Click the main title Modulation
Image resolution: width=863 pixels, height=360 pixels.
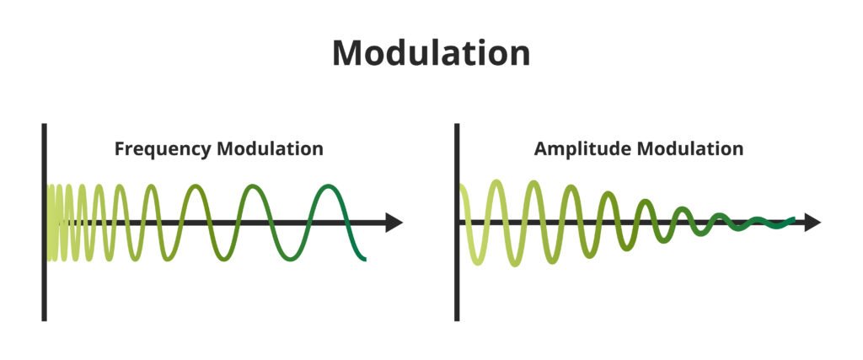point(431,53)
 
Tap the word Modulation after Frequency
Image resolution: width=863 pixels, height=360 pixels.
point(270,149)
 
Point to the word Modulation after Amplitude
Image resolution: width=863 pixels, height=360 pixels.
point(690,149)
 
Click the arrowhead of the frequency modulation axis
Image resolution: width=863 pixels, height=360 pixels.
point(394,223)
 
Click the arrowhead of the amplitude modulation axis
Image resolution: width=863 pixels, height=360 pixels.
point(812,223)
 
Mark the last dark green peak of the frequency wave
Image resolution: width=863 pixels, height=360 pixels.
point(326,185)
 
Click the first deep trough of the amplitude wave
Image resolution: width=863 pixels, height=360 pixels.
point(477,262)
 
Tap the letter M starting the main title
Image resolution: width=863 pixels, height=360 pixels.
point(348,53)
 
